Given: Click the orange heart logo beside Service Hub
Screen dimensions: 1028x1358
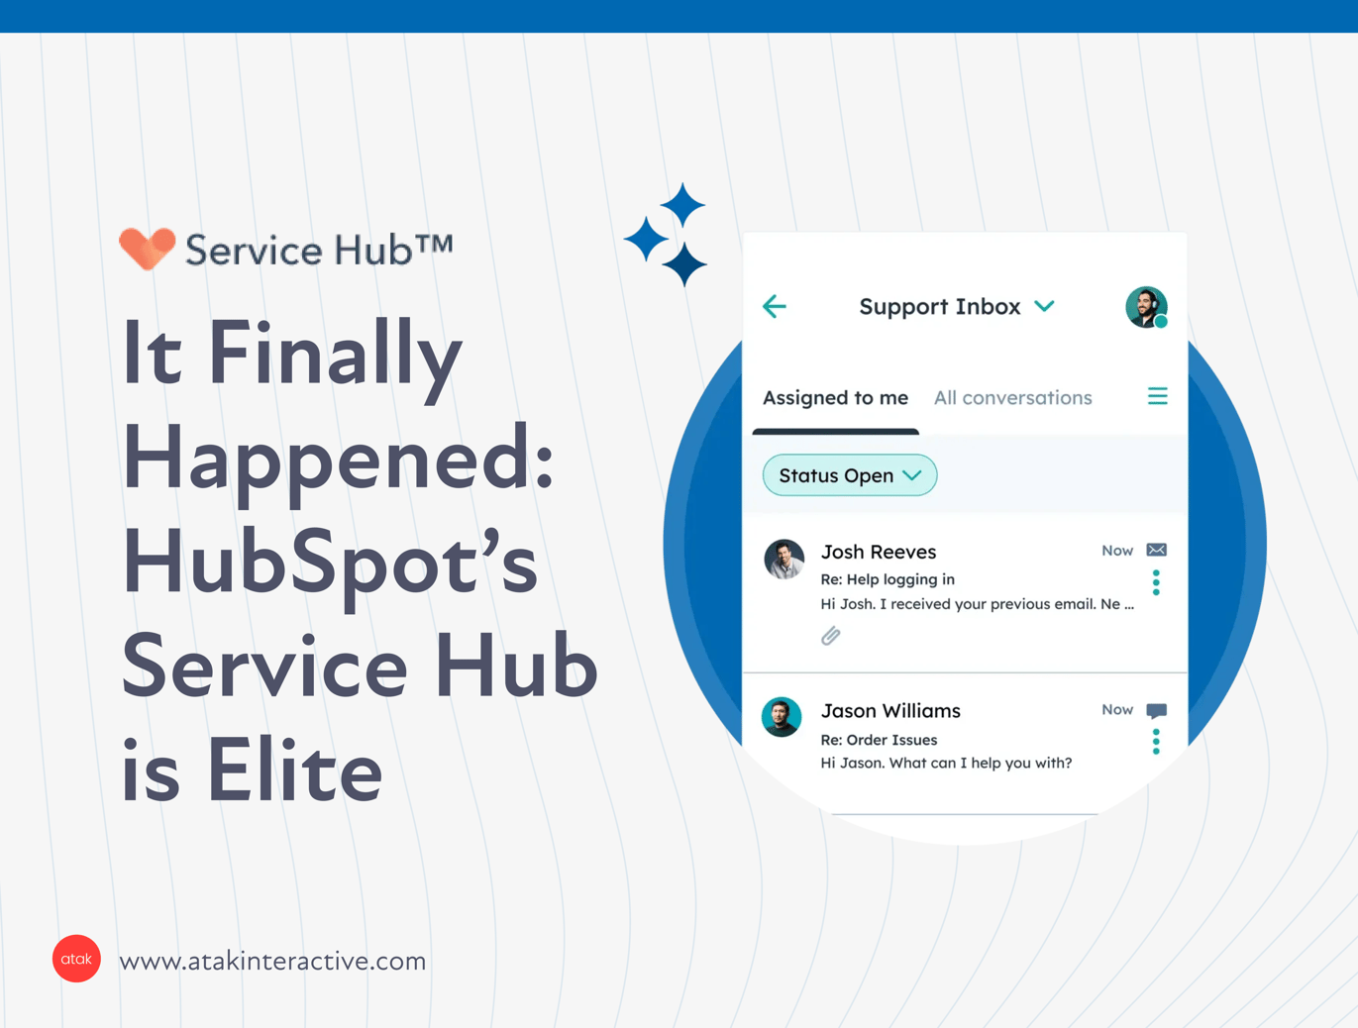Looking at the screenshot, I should tap(147, 248).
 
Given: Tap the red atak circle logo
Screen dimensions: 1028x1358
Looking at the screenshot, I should tap(76, 959).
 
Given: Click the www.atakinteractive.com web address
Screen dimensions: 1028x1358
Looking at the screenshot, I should tap(272, 961).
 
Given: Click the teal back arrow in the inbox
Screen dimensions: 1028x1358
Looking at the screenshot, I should tap(775, 306).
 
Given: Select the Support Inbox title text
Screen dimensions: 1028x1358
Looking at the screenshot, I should tap(939, 307).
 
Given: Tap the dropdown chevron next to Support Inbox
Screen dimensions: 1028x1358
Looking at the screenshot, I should tap(1045, 306).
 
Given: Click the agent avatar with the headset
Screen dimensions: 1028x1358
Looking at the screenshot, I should tap(1146, 307).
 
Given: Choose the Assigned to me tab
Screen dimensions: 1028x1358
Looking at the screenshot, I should tap(835, 398).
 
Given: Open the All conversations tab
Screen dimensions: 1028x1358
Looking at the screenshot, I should tap(1012, 398).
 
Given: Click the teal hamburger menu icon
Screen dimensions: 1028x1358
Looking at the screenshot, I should tap(1157, 396).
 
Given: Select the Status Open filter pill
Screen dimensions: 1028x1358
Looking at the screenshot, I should tap(849, 475).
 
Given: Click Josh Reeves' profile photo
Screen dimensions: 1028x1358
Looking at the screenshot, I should tap(783, 560).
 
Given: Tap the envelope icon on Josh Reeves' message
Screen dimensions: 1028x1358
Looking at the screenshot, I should tap(1156, 550).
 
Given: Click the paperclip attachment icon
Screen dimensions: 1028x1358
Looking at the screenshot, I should tap(831, 636).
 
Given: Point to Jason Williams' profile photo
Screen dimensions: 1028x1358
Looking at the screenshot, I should tap(782, 717).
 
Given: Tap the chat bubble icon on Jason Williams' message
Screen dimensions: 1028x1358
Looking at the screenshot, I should tap(1156, 710).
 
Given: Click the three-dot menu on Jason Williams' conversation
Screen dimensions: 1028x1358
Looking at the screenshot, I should tap(1156, 742).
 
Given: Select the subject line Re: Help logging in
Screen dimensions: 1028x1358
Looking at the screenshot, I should tap(888, 579).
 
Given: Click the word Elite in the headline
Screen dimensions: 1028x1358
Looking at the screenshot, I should tap(294, 772).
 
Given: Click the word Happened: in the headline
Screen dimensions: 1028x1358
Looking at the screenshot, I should tap(338, 460).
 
